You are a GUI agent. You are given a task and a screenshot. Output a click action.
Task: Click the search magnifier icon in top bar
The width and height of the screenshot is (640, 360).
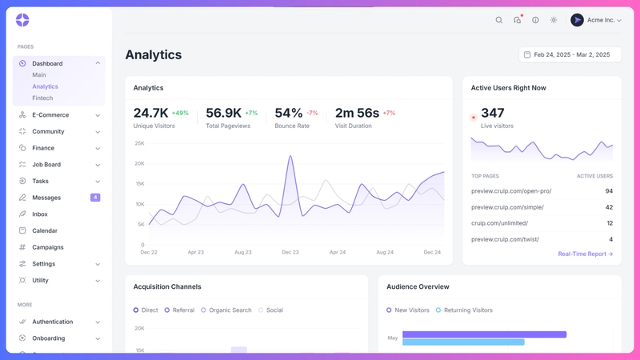(x=499, y=20)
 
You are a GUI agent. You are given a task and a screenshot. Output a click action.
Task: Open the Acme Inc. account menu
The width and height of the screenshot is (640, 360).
(x=596, y=20)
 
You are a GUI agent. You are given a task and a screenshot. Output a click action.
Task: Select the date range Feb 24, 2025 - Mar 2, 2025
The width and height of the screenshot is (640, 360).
(x=570, y=54)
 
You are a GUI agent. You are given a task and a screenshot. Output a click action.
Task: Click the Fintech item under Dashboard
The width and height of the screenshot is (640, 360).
(x=42, y=98)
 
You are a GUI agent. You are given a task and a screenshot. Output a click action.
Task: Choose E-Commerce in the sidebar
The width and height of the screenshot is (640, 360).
(x=50, y=115)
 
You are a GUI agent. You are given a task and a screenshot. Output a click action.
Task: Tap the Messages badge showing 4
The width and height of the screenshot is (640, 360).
(x=95, y=198)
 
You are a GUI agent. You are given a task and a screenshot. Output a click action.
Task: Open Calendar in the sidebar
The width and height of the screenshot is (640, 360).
(x=45, y=230)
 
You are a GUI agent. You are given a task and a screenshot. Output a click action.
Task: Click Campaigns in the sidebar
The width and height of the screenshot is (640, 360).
(x=48, y=247)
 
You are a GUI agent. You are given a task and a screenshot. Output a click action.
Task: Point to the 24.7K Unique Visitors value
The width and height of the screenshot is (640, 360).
(x=150, y=113)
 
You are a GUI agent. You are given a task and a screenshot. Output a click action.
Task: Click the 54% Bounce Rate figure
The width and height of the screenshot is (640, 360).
(x=288, y=113)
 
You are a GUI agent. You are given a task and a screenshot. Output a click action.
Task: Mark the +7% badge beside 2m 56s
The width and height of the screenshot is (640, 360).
(x=389, y=113)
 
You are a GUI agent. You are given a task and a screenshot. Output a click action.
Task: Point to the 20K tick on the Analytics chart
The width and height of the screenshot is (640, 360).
(x=139, y=164)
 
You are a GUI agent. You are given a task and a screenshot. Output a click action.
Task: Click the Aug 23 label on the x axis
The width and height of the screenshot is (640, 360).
(x=243, y=252)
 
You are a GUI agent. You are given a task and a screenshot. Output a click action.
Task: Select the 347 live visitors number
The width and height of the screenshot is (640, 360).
(x=493, y=113)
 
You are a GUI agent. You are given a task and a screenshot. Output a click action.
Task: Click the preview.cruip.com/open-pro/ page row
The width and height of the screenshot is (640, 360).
(x=511, y=191)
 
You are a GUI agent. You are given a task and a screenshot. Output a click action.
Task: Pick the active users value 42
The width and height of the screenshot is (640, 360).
(x=609, y=207)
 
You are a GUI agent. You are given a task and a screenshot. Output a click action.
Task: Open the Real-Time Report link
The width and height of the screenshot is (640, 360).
(x=586, y=254)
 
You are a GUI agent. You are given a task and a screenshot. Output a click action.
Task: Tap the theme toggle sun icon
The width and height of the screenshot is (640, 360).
(x=554, y=20)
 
